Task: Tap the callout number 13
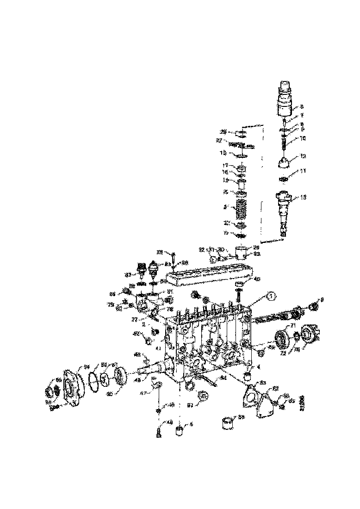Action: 304,198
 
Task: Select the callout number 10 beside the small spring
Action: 303,138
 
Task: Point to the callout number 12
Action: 303,156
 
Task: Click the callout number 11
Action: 303,171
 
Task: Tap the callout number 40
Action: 257,279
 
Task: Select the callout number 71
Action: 292,326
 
